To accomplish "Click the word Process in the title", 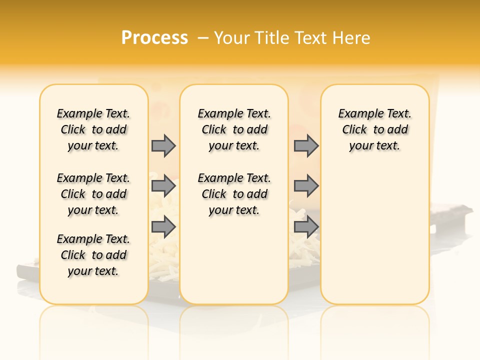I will (154, 37).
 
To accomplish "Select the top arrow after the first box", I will (163, 145).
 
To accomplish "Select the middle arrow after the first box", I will (163, 186).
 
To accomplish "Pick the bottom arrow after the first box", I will (163, 227).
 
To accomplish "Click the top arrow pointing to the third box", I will (306, 145).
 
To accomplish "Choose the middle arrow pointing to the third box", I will (306, 186).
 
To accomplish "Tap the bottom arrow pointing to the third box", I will (306, 227).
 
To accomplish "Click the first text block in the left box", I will (93, 129).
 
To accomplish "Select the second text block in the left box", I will (93, 194).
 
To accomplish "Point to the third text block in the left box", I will (93, 255).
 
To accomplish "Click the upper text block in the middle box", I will (234, 129).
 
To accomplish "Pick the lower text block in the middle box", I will (234, 194).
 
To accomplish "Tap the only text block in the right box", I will (374, 129).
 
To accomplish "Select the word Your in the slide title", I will (231, 38).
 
